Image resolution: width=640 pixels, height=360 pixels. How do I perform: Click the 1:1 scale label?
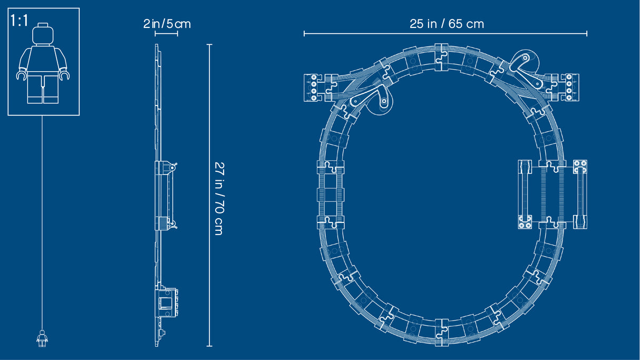(20, 22)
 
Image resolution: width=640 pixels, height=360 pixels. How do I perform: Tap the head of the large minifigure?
(43, 35)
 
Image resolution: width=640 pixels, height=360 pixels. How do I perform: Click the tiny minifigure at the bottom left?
(42, 338)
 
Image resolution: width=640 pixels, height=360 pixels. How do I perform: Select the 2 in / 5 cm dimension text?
(167, 24)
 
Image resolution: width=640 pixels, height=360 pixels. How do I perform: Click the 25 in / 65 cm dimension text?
(447, 24)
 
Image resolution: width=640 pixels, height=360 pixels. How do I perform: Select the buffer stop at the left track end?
(314, 86)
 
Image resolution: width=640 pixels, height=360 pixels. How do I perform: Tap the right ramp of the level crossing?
(580, 194)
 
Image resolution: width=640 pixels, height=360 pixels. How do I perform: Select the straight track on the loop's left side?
(331, 194)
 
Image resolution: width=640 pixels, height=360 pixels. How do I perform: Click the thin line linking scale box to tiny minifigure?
(42, 221)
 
